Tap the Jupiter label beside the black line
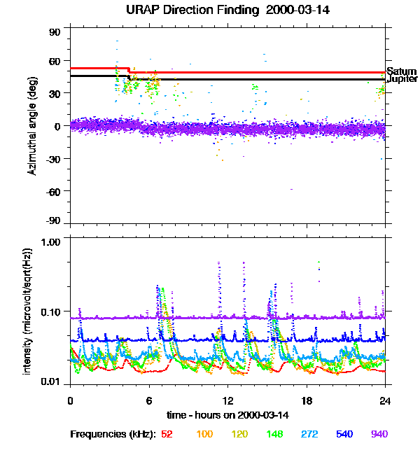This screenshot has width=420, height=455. (402, 79)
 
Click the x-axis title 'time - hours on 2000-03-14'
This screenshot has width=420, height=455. (227, 414)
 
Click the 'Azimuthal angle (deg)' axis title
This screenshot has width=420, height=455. (33, 125)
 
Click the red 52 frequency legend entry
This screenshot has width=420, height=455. (167, 435)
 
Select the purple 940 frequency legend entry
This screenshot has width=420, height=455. (379, 435)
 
